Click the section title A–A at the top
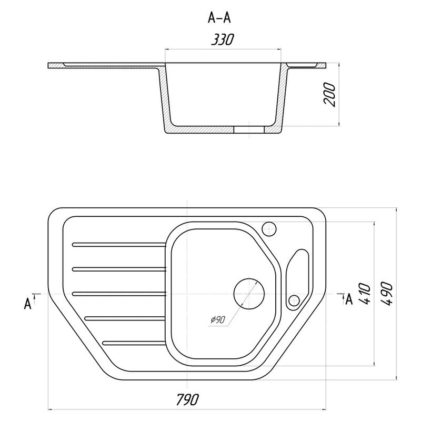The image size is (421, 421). click(219, 18)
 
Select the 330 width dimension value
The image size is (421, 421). click(223, 39)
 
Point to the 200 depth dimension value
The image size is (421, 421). click(330, 95)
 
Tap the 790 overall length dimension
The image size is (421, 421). click(188, 399)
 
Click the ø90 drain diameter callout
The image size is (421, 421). click(217, 319)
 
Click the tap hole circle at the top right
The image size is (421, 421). click(269, 229)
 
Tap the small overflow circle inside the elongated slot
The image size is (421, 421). click(294, 300)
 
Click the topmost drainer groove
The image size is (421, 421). click(119, 244)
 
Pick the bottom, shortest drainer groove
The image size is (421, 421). click(134, 343)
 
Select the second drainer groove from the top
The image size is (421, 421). click(119, 269)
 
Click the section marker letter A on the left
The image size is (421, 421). click(28, 304)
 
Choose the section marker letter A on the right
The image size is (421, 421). click(349, 299)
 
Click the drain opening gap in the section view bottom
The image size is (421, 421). click(249, 129)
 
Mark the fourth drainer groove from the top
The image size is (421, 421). click(125, 318)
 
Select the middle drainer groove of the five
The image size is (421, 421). click(119, 294)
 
